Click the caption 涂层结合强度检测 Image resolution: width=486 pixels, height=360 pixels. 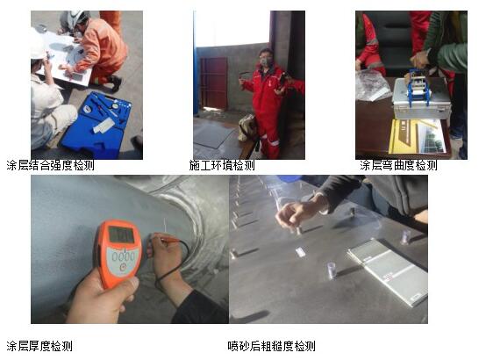pyautogui.click(x=51, y=165)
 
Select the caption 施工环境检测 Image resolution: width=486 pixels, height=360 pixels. pyautogui.click(x=222, y=165)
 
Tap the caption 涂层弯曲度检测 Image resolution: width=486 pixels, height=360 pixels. pyautogui.click(x=398, y=165)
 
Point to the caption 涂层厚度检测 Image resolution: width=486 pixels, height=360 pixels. pyautogui.click(x=39, y=346)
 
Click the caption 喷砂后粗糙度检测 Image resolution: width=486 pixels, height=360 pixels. pyautogui.click(x=272, y=346)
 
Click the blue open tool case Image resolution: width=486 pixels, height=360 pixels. pyautogui.click(x=96, y=124)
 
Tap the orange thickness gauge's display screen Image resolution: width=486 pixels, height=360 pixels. pyautogui.click(x=121, y=234)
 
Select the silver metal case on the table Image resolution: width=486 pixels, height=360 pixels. pyautogui.click(x=421, y=99)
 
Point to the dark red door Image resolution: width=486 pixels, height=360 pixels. pyautogui.click(x=214, y=83)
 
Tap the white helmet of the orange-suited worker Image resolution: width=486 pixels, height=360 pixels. pyautogui.click(x=78, y=18)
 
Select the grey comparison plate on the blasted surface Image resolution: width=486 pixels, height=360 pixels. pyautogui.click(x=389, y=271)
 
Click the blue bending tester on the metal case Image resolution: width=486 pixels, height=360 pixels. pyautogui.click(x=418, y=84)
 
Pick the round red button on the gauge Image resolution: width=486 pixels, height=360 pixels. pyautogui.click(x=123, y=267)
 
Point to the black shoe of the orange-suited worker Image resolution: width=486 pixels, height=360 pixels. pyautogui.click(x=115, y=83)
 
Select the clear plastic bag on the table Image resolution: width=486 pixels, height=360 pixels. pyautogui.click(x=371, y=84)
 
